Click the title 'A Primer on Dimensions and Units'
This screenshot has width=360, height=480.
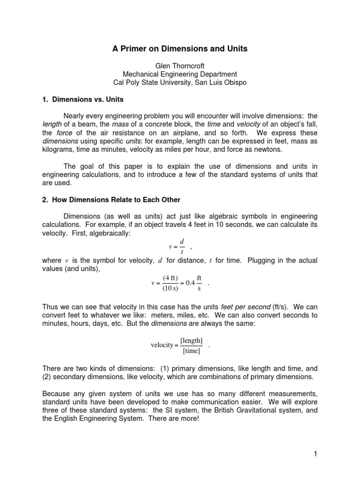[x=180, y=48]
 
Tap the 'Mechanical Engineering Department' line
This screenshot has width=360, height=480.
[x=180, y=74]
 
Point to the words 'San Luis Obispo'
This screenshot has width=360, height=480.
[x=220, y=82]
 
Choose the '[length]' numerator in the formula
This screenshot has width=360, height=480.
[x=191, y=341]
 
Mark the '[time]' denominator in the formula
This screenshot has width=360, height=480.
[x=191, y=351]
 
